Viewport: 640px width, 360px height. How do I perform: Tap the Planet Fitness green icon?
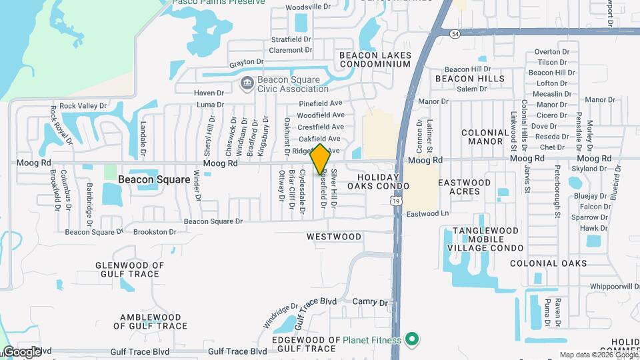click(x=412, y=341)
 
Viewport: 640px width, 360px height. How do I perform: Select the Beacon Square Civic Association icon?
click(x=247, y=84)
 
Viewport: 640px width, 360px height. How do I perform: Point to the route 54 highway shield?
click(x=455, y=33)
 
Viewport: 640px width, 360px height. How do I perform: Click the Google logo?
click(x=21, y=352)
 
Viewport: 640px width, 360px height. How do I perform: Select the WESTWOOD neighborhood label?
click(x=334, y=237)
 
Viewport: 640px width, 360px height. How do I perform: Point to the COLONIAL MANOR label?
click(x=485, y=137)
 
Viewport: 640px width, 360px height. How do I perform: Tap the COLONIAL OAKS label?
click(x=549, y=263)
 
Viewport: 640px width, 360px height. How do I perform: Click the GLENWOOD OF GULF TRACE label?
click(x=130, y=269)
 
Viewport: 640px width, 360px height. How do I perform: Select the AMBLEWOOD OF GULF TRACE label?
click(x=150, y=321)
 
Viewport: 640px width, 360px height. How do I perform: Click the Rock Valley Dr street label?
click(x=83, y=106)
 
